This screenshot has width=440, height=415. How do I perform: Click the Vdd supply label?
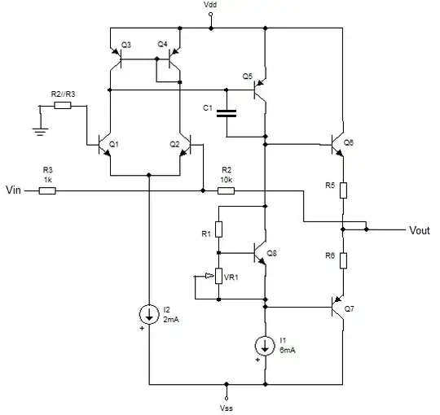click(211, 6)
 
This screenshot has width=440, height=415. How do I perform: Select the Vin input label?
click(14, 190)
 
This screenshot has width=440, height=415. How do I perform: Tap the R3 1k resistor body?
click(47, 190)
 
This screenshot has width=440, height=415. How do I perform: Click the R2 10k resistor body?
click(227, 190)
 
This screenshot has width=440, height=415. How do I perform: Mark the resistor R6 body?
click(344, 260)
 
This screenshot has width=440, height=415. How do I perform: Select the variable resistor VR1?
click(218, 277)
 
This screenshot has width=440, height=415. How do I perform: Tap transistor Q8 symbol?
click(259, 253)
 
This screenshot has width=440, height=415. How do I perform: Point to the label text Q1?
click(113, 143)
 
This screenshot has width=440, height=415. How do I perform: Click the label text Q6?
click(349, 142)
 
